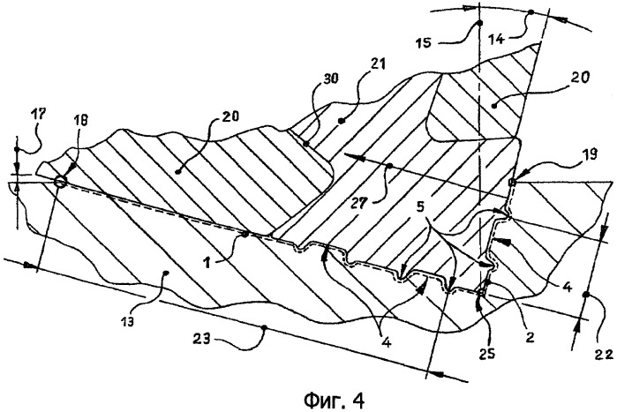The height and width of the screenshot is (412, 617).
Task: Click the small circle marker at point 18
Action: (x=59, y=182)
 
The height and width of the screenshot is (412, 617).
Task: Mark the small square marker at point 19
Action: (x=513, y=183)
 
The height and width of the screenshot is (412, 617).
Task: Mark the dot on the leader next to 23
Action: (x=262, y=328)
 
